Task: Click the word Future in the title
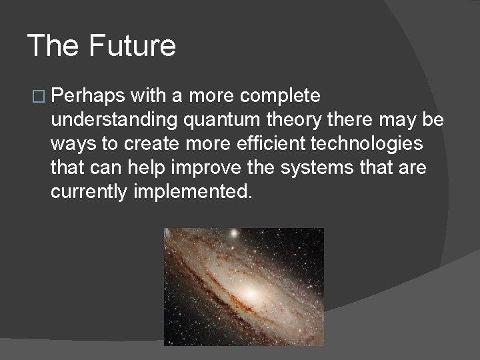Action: coord(132,45)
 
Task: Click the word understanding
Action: coord(113,120)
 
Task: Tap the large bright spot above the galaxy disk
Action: coord(233,235)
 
